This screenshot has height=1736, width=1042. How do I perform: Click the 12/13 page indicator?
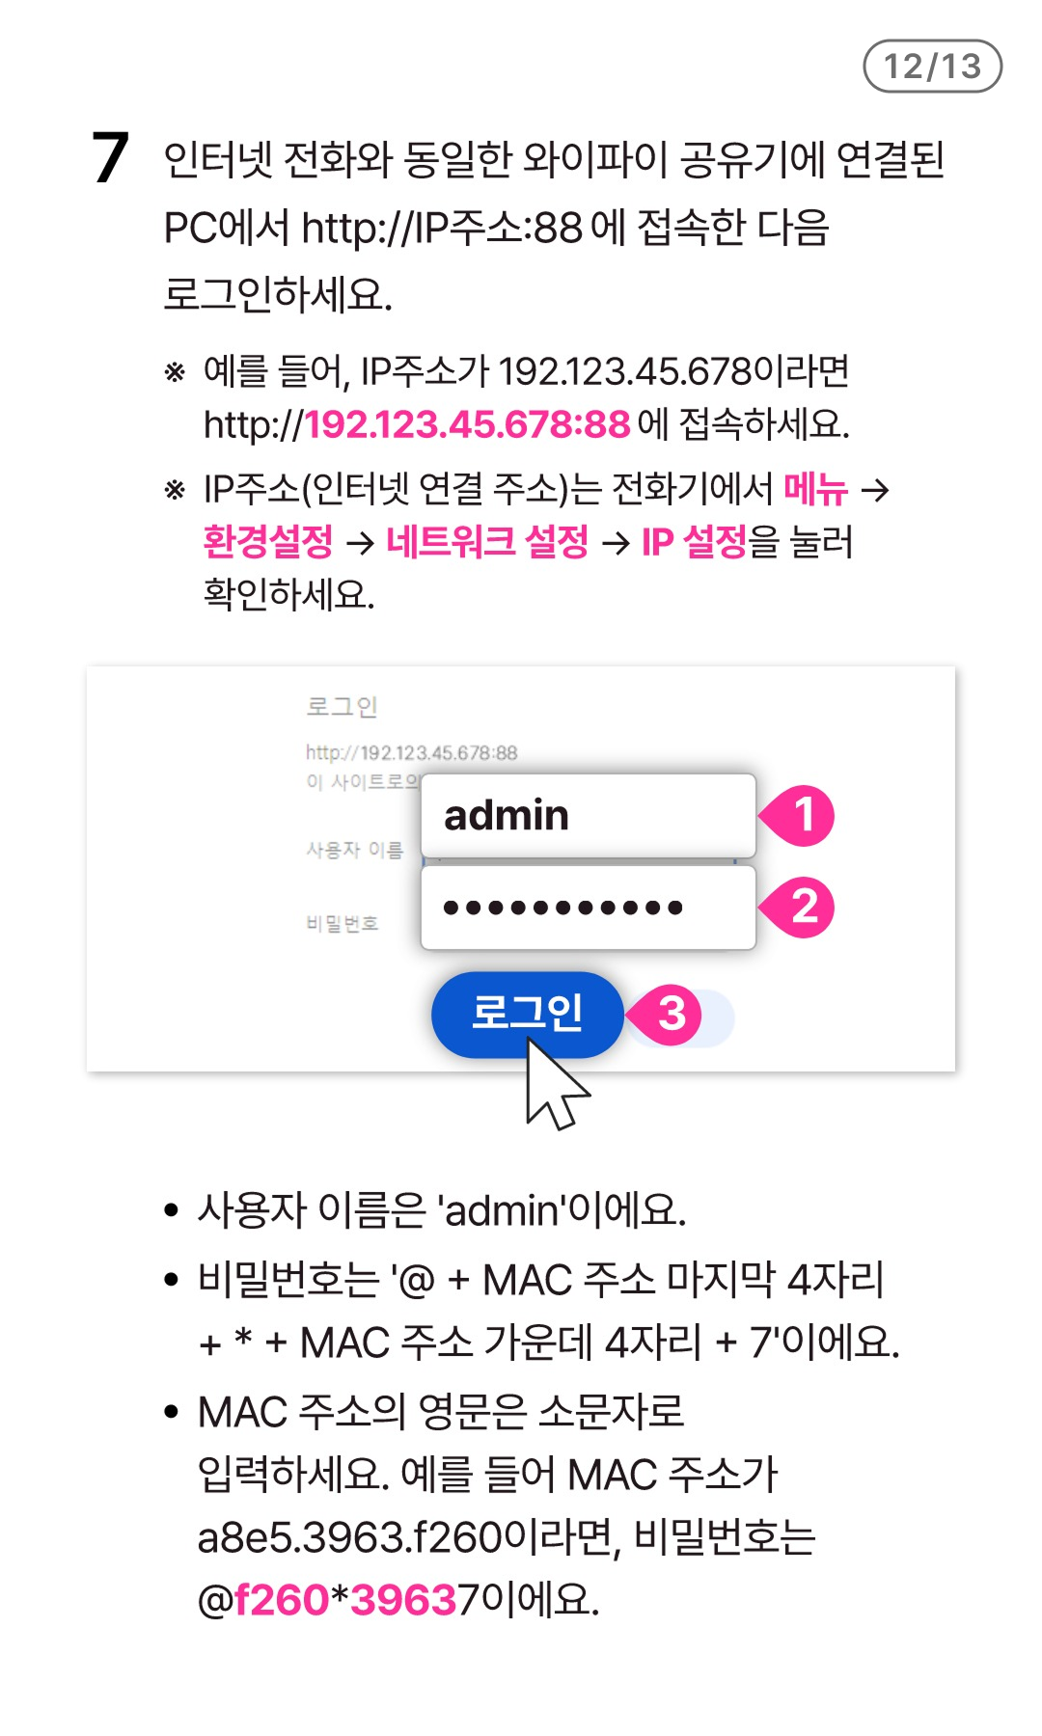[932, 66]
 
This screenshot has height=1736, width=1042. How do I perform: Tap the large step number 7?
[110, 158]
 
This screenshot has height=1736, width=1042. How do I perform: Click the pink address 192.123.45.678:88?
[468, 424]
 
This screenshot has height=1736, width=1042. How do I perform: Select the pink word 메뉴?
[815, 489]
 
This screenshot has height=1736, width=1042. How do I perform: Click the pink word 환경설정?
[268, 541]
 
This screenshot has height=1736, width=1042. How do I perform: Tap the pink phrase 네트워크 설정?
[487, 541]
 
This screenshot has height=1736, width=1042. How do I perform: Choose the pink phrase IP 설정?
[695, 541]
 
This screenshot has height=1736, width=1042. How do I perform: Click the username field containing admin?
[589, 816]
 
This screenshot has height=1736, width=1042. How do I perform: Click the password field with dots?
[589, 908]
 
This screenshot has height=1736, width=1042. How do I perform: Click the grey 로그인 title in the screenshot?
[342, 707]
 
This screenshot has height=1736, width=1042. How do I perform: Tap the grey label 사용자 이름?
[354, 850]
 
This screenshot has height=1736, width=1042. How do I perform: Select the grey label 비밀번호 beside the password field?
[342, 924]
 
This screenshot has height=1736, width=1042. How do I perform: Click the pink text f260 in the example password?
[282, 1600]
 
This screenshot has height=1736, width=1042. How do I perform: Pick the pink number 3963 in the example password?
[403, 1600]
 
